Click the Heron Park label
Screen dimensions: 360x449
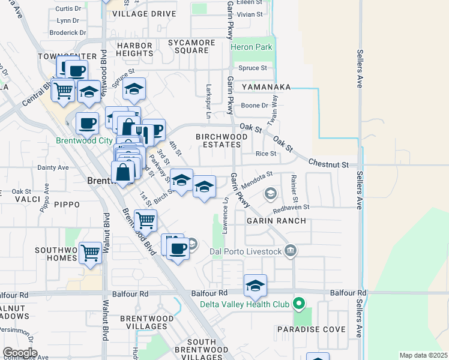tap(252, 47)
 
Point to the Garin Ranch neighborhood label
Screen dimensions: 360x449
tap(276, 221)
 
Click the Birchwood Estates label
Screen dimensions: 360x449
tap(222, 140)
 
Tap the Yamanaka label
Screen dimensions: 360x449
tap(267, 87)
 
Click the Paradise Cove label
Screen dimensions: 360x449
tap(311, 329)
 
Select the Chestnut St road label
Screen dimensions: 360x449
tap(328, 163)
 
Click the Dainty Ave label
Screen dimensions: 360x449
tap(53, 168)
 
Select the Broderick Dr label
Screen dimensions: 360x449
tap(68, 33)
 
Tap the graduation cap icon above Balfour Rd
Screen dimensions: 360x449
tap(255, 286)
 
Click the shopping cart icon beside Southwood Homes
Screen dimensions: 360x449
tap(90, 253)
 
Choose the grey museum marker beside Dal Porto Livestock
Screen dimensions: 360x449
tap(291, 250)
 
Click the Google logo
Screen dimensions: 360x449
tap(20, 353)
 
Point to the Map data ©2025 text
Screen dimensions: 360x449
tap(423, 355)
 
